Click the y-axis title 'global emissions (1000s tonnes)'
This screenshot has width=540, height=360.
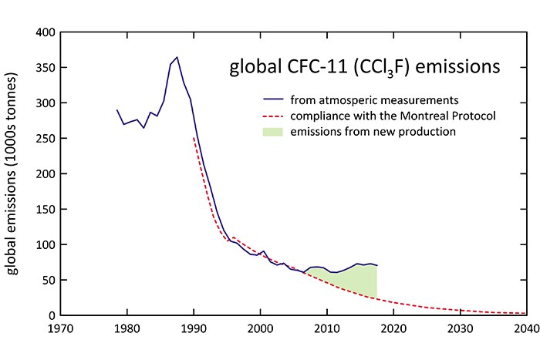tap(14, 173)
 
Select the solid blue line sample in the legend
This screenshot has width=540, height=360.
tap(271, 100)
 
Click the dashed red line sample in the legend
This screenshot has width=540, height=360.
tap(271, 116)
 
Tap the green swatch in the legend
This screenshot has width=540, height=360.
tap(271, 132)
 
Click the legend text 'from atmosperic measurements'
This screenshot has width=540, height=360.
tap(375, 100)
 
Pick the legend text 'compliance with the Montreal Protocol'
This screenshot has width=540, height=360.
tap(393, 116)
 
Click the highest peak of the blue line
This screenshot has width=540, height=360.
tap(177, 57)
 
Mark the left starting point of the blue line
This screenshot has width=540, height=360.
tap(117, 110)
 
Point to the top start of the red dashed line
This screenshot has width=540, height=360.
tap(193, 138)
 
